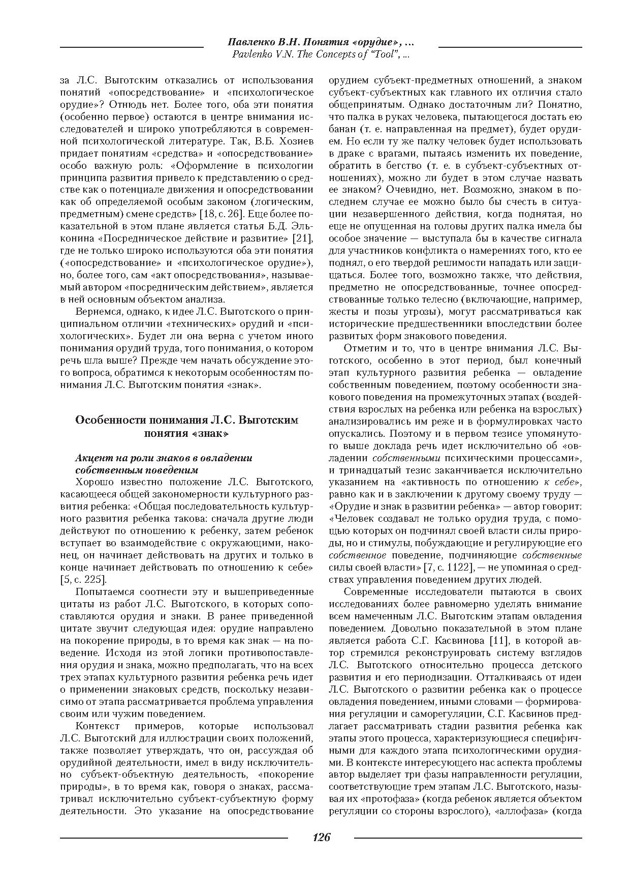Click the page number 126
pyautogui.click(x=321, y=837)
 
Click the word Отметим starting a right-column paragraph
pyautogui.click(x=363, y=348)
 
